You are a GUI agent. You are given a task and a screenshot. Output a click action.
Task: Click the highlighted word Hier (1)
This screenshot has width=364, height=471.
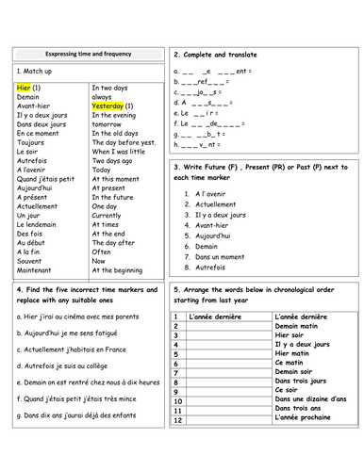pos(29,87)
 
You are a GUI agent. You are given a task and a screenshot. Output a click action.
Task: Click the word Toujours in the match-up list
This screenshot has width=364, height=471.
pos(33,142)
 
